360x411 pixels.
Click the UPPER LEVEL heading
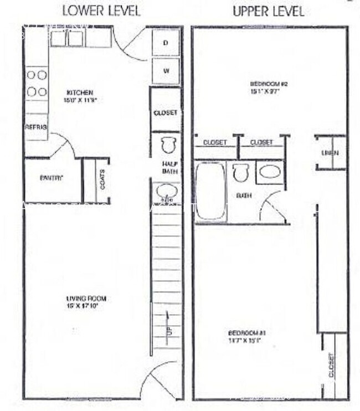click(x=269, y=11)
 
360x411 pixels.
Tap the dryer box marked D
click(x=166, y=43)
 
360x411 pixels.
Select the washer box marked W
click(x=166, y=71)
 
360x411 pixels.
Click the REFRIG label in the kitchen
click(x=36, y=127)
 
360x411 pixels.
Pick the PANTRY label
click(x=52, y=178)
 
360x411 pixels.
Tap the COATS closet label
click(x=102, y=179)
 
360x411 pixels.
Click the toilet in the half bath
click(x=167, y=145)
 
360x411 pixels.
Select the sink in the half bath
click(x=167, y=192)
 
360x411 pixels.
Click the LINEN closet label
click(x=332, y=153)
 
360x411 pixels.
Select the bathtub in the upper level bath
click(x=210, y=190)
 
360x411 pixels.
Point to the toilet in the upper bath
click(x=240, y=173)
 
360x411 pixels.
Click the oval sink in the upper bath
click(x=270, y=172)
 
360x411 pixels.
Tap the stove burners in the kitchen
click(x=37, y=83)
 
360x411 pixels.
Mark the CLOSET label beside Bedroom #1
click(x=331, y=366)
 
